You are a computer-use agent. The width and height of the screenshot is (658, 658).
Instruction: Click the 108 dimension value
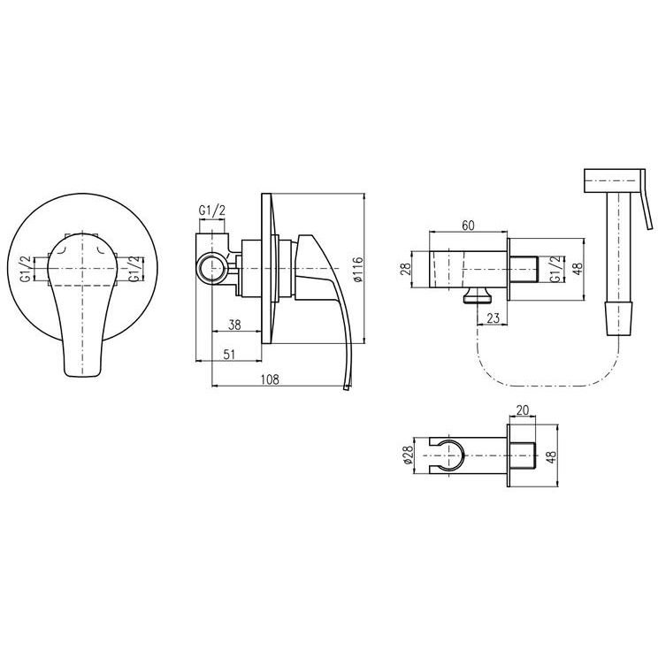[270, 379]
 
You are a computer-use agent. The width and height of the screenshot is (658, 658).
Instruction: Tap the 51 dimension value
[229, 355]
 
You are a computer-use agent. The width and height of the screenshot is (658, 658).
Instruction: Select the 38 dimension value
[234, 325]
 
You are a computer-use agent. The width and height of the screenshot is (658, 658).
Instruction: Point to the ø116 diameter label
[357, 269]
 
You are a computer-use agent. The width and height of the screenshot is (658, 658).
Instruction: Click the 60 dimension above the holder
[468, 226]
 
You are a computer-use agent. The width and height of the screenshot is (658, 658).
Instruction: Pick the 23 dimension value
[493, 318]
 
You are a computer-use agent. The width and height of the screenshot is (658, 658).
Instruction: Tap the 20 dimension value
[523, 410]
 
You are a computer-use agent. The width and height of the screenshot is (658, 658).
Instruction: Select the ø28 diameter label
[409, 455]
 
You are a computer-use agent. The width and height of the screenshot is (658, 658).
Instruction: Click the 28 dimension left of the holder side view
[405, 269]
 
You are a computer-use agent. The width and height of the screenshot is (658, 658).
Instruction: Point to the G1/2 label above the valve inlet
[212, 210]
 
